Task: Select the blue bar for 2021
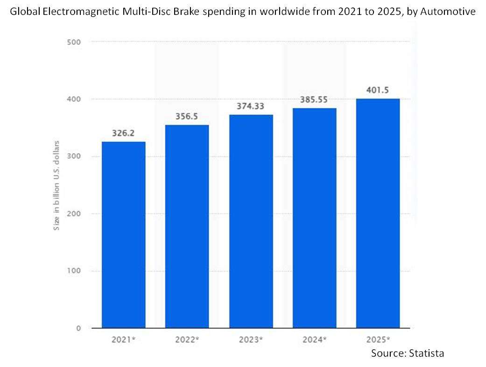coord(123,235)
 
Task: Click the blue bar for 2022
coord(187,226)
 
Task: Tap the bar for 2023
coord(251,221)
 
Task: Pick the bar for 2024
coord(314,218)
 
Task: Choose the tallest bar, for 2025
coord(378,213)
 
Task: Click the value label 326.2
coord(123,133)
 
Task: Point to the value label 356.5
coord(187,116)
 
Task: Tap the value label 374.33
coord(251,106)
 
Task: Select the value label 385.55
coord(314,100)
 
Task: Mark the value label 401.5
coord(378,90)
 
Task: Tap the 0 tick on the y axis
coord(78,328)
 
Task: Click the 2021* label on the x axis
coord(123,339)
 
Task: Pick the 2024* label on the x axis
coord(314,339)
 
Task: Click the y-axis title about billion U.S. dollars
coord(56,185)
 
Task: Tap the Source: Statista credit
coord(408,353)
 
